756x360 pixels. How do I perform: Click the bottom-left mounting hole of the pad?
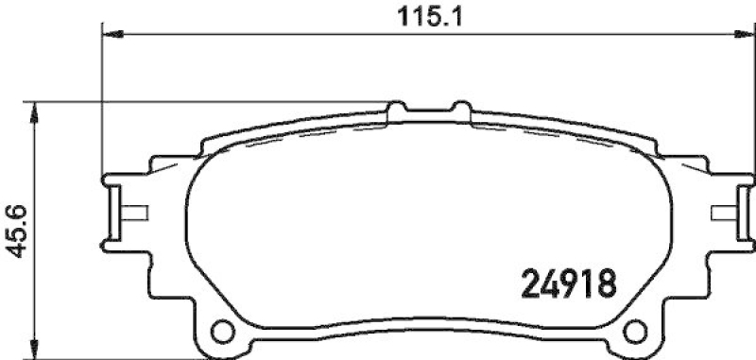tap(223, 332)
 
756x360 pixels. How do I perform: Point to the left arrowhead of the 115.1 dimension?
tap(109, 35)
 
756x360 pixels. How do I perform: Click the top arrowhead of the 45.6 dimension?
tap(36, 109)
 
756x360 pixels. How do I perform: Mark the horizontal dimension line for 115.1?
tap(283, 35)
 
